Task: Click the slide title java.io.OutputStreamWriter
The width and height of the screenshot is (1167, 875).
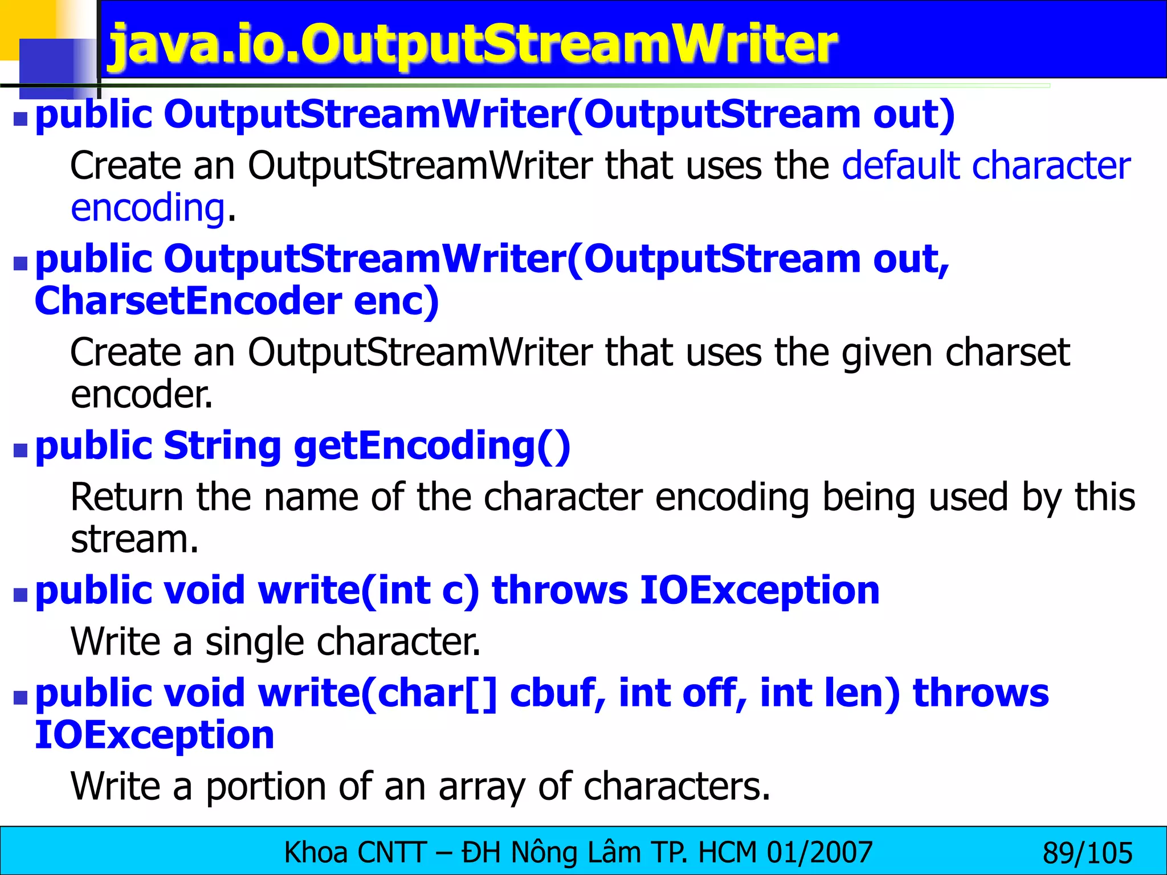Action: coord(473,44)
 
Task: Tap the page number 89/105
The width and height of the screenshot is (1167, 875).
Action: coord(1087,853)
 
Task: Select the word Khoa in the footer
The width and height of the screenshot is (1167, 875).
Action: coord(316,853)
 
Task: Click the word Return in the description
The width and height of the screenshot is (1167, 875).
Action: coord(127,497)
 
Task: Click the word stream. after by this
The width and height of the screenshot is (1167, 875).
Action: coord(134,539)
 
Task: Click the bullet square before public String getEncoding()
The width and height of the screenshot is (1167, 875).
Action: coord(21,451)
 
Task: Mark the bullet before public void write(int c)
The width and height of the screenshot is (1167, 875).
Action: coord(21,595)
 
